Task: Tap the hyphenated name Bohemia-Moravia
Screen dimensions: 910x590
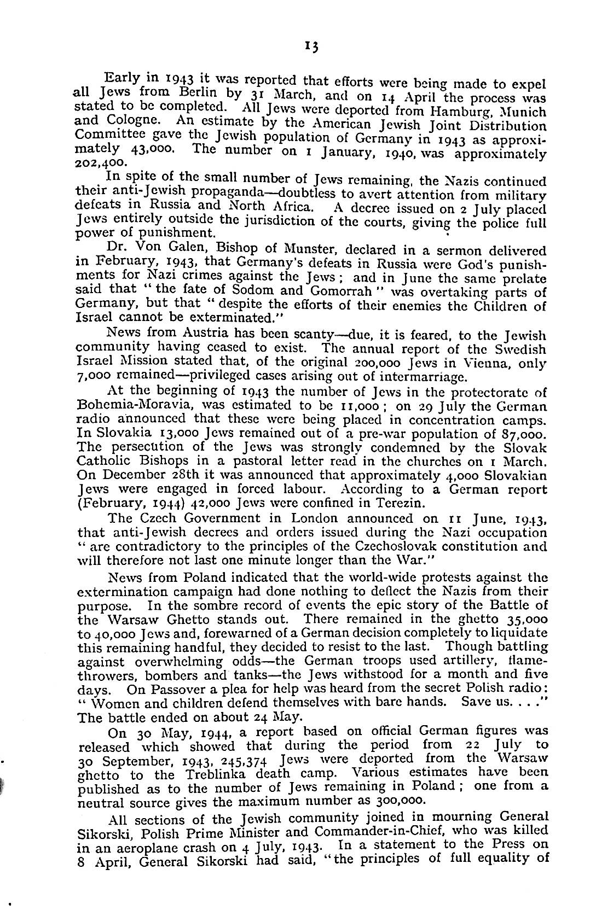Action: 132,406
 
